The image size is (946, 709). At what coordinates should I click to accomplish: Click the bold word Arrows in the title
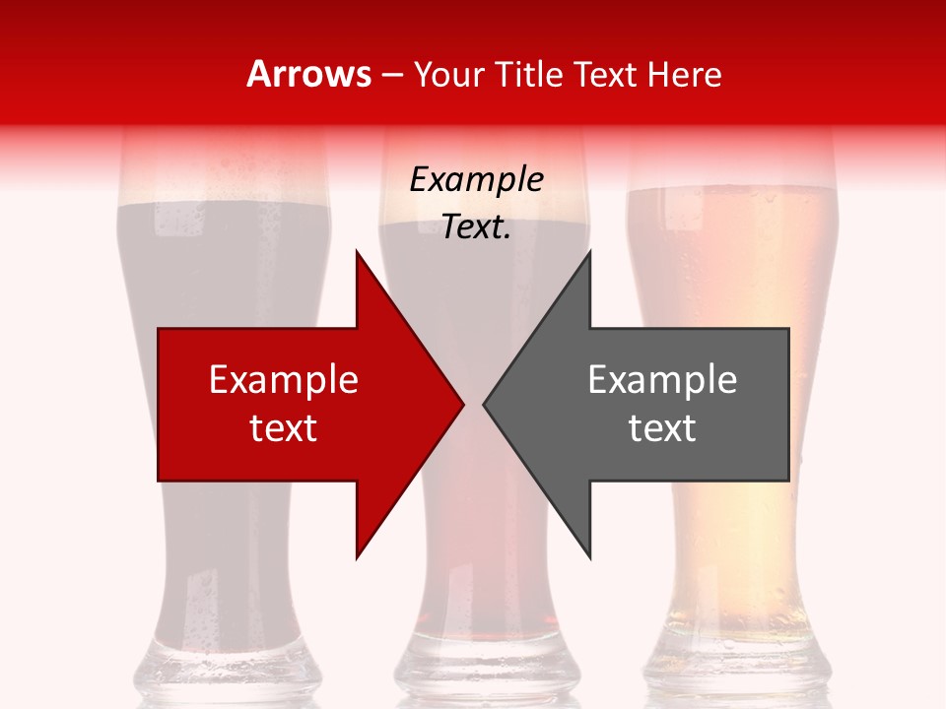(308, 74)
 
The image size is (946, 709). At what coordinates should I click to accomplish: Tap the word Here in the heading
(686, 74)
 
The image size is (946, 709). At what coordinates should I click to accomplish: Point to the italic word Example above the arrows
(476, 179)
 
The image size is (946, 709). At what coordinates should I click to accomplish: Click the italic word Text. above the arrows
(476, 226)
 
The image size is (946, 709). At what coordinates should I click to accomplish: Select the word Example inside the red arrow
(284, 380)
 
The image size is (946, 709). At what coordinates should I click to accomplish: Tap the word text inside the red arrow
(284, 428)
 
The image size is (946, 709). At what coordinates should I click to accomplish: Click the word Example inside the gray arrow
(662, 380)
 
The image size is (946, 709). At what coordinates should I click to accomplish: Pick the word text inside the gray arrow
(662, 428)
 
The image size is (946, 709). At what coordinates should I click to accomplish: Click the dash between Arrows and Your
(390, 75)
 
